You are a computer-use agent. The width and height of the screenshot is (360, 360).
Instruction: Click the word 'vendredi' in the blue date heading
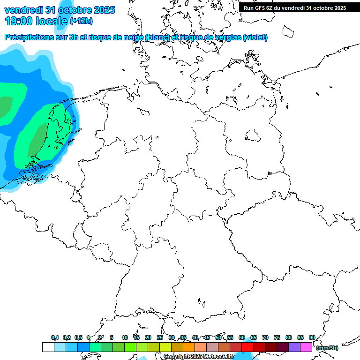coord(23,10)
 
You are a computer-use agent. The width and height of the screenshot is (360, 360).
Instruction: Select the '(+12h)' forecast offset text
coord(81,21)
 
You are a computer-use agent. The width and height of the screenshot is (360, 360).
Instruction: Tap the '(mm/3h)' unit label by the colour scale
coord(327,348)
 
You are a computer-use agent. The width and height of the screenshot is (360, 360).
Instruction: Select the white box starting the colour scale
coord(48,347)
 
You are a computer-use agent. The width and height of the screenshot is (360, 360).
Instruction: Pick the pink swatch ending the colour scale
coord(306,347)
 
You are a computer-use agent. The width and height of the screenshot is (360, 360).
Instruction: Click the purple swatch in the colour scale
coord(294,347)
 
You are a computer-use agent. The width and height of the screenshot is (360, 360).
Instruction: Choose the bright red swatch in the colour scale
coord(247,347)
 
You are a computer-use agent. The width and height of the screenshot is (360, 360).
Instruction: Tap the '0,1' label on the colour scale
coord(55,337)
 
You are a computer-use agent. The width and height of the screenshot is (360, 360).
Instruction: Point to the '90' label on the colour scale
coord(312,337)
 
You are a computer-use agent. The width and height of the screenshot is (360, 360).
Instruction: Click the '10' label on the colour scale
coord(125,337)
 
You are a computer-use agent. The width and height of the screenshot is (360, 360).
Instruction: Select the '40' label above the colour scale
coord(195,337)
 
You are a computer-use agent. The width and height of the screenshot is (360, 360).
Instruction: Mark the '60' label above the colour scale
coord(241,337)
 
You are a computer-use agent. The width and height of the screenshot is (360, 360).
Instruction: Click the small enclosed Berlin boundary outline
coord(253,136)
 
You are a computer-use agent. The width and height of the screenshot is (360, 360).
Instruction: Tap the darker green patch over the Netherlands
coord(37,141)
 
